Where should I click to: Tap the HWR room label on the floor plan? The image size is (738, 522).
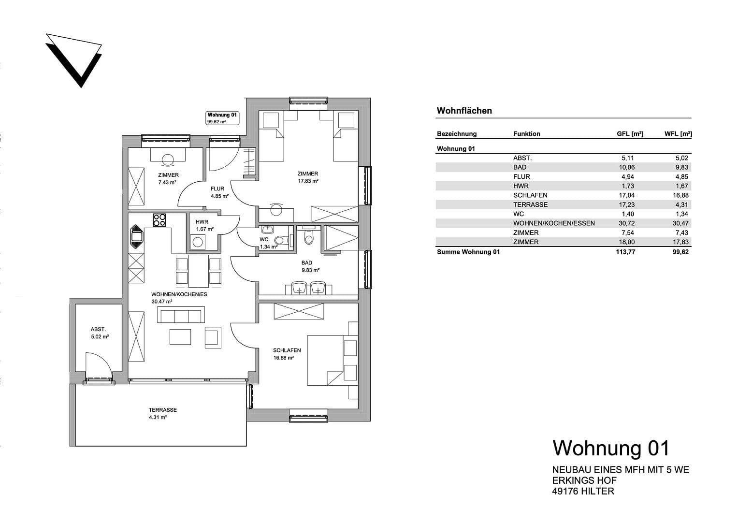click(202, 222)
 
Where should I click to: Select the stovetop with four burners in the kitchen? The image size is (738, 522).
click(159, 220)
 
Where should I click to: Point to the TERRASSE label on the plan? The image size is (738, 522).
click(163, 410)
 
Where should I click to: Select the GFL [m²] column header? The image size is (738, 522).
click(630, 134)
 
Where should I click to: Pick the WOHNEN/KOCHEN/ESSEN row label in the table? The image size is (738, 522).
click(554, 223)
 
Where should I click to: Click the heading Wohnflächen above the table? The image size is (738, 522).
click(464, 111)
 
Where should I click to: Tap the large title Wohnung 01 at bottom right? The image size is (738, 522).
click(611, 448)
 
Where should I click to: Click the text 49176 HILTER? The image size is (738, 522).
click(583, 491)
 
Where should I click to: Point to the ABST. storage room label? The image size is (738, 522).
click(98, 330)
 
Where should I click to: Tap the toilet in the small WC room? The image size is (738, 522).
click(279, 240)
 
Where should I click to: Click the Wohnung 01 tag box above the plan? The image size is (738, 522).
click(222, 118)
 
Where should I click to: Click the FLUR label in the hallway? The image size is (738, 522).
click(217, 189)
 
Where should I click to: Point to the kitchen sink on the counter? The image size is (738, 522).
click(136, 235)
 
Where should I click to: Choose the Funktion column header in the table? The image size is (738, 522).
click(526, 134)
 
